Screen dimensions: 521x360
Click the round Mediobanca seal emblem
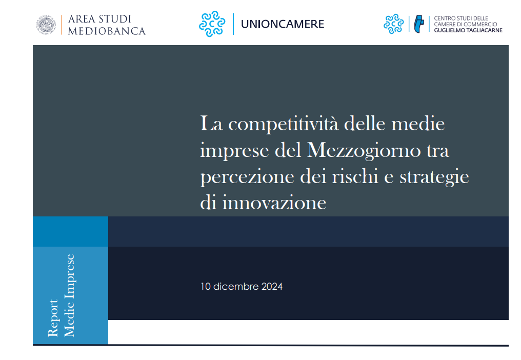tap(46, 25)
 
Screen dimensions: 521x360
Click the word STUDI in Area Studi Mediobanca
tap(115, 19)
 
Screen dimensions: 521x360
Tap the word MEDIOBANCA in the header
tap(107, 31)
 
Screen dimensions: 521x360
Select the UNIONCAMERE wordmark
tap(283, 24)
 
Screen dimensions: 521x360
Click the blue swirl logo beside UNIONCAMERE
tap(212, 24)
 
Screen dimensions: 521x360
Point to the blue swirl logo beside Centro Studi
tap(393, 24)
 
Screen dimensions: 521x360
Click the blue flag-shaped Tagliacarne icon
tap(419, 24)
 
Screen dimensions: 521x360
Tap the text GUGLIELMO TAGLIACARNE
tap(468, 30)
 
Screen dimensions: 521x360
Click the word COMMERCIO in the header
tap(480, 24)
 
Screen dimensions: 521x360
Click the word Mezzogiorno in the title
tap(364, 151)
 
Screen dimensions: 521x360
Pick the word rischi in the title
tap(355, 176)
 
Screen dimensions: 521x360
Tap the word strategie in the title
tap(434, 177)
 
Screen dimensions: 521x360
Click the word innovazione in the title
tap(274, 203)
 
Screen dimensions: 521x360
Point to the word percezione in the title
tap(247, 177)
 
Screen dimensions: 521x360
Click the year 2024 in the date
tap(272, 287)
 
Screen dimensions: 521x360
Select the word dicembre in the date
tap(236, 287)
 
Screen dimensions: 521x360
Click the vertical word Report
tap(53, 318)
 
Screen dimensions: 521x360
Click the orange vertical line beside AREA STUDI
tap(62, 25)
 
